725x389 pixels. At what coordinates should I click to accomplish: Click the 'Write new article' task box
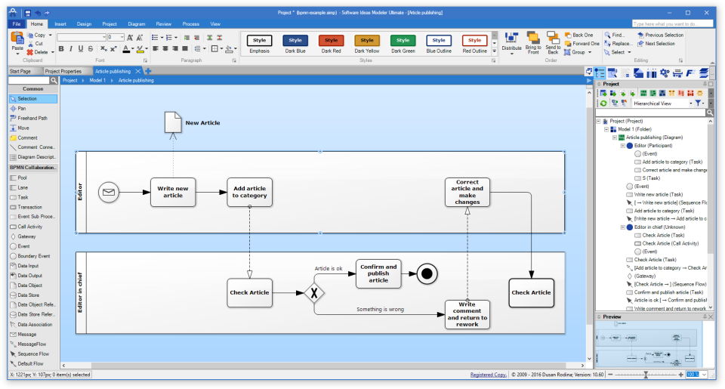(x=173, y=192)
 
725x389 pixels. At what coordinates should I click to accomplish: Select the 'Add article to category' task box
(x=249, y=192)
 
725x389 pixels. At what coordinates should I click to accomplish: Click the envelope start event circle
(x=109, y=193)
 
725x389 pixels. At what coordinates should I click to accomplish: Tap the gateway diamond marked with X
(x=314, y=291)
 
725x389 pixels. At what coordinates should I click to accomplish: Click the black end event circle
(x=427, y=273)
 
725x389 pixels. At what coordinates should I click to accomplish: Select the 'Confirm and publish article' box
(x=378, y=273)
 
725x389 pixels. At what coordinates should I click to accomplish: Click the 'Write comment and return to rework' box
(x=467, y=315)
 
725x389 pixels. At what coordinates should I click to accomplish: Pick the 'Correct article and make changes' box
(x=467, y=192)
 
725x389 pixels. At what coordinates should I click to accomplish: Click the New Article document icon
(x=173, y=122)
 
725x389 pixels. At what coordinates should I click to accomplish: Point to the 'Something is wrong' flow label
(x=380, y=309)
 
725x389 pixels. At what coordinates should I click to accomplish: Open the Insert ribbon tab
(x=60, y=23)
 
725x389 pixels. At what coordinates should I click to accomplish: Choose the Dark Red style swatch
(x=331, y=43)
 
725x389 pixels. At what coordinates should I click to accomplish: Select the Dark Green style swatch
(x=403, y=43)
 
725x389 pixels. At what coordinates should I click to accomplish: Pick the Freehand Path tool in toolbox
(x=32, y=118)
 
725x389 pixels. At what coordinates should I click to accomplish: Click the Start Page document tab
(x=20, y=71)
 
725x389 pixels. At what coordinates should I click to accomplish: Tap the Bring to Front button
(x=533, y=43)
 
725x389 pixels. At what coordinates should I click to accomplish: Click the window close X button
(x=708, y=13)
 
